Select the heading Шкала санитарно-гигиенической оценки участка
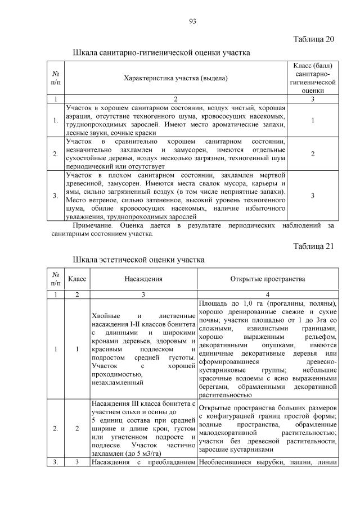(x=161, y=53)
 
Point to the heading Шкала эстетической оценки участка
(x=139, y=260)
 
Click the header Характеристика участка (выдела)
(x=175, y=78)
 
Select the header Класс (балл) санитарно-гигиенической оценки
(x=312, y=78)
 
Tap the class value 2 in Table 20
(x=313, y=153)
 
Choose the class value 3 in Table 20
(x=313, y=196)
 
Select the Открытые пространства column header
(x=267, y=279)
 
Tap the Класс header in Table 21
(x=76, y=279)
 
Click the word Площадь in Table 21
(x=214, y=304)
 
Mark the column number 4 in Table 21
(x=268, y=294)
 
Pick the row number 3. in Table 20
(x=55, y=196)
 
